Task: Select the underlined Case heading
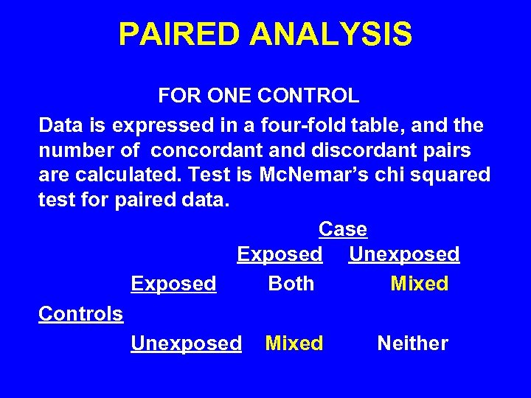pos(343,229)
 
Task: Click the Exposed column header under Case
pos(280,255)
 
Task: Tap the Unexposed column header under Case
pos(404,255)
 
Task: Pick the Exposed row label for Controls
pos(173,284)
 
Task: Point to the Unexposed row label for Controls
pos(186,343)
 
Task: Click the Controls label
pos(81,314)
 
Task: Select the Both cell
pos(291,284)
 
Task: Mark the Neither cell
pos(412,343)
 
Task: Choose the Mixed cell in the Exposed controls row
pos(419,284)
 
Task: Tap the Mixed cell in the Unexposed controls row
pos(294,343)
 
